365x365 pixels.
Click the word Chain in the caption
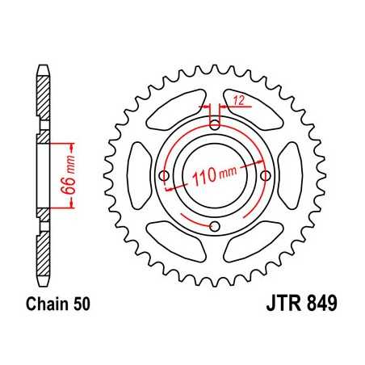point(48,307)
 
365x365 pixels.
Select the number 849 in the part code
point(318,308)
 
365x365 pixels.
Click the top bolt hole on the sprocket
point(215,124)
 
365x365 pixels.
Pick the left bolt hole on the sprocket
point(164,175)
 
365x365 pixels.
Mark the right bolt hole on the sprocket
point(266,175)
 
